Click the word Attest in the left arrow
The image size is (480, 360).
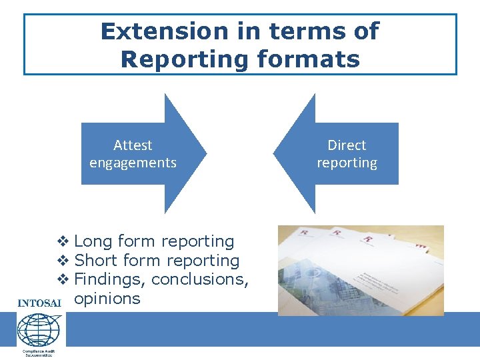click(133, 145)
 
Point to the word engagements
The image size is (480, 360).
click(133, 163)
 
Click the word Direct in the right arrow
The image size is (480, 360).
click(347, 145)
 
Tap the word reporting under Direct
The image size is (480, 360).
click(347, 163)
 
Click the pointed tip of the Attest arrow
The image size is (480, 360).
click(205, 153)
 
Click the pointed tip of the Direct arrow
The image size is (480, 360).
click(275, 153)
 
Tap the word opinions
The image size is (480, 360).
click(107, 298)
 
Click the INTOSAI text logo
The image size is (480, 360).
click(39, 303)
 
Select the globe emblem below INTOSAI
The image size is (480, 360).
click(39, 329)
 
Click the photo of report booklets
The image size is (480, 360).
click(361, 270)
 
